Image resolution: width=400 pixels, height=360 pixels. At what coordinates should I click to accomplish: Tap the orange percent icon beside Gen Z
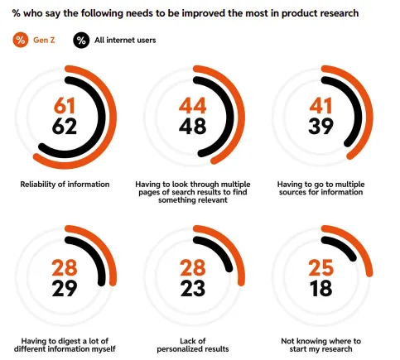[20, 39]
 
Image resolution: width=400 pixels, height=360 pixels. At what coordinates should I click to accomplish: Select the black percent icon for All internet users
[81, 39]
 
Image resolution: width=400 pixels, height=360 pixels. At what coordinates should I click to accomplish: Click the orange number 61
[65, 106]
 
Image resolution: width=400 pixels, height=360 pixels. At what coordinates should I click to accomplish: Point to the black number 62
[65, 127]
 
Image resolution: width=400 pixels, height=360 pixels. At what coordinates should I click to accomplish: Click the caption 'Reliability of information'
[65, 183]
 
